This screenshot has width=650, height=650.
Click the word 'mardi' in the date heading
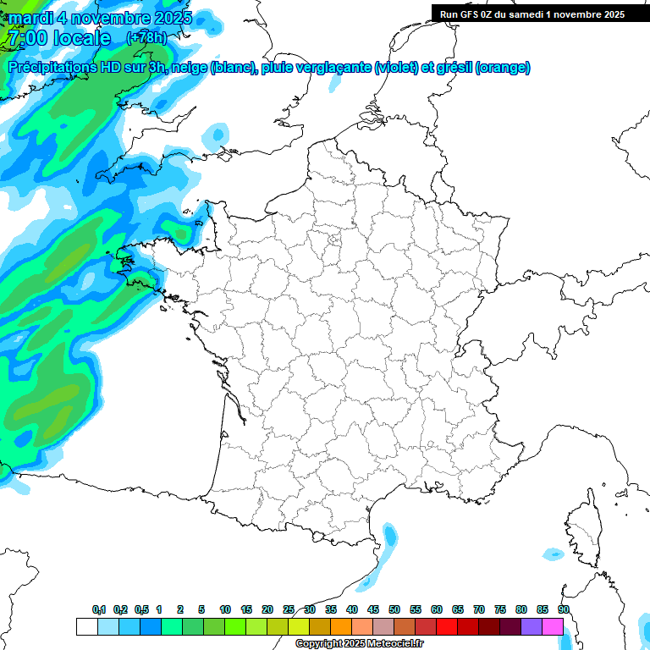30,17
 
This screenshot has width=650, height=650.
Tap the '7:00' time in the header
26,38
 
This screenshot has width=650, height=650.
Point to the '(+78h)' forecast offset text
146,37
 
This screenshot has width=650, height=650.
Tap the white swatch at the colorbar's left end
86,627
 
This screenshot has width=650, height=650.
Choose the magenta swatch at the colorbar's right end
553,627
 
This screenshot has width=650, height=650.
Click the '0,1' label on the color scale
99,610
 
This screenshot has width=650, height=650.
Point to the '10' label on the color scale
225,610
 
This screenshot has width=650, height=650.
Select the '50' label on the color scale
394,610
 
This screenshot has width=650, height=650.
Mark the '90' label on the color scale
564,610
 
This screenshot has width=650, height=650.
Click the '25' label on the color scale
289,610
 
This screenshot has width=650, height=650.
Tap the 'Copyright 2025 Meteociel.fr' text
359,643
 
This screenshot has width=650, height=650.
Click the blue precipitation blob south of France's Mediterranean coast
388,537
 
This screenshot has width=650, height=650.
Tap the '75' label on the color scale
500,610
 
